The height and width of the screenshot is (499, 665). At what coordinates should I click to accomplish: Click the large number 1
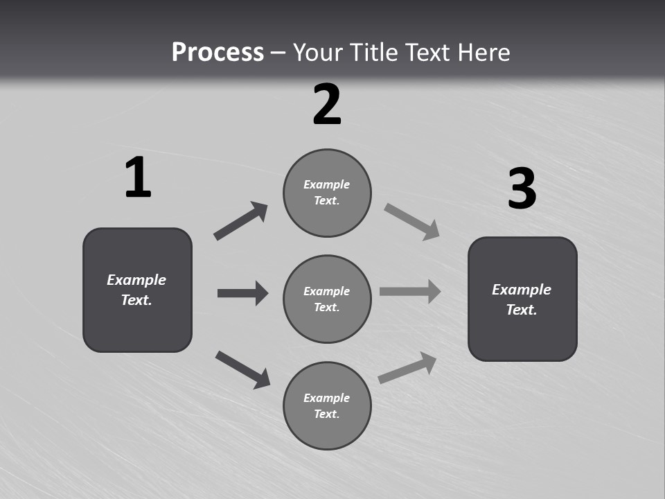tap(138, 178)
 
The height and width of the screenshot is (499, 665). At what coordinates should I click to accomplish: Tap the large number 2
tap(327, 105)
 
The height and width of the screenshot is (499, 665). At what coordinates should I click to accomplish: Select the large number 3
tap(522, 189)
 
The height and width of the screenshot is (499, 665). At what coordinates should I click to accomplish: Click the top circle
tap(327, 193)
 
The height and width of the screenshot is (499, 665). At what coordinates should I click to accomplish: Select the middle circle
tap(327, 299)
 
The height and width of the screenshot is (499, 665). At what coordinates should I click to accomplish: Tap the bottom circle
tap(327, 406)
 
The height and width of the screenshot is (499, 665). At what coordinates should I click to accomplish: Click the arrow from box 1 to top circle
tap(240, 221)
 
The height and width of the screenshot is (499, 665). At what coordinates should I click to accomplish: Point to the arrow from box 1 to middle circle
tap(242, 293)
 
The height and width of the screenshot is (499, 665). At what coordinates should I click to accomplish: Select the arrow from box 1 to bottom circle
tap(242, 369)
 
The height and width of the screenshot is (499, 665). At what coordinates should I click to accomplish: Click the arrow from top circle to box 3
tap(412, 222)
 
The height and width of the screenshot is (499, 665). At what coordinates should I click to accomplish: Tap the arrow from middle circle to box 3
tap(410, 291)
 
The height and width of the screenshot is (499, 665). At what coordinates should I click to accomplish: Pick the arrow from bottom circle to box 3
tap(408, 367)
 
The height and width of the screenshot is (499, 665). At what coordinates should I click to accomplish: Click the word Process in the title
tap(218, 52)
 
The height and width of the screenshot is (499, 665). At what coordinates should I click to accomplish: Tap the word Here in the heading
tap(484, 52)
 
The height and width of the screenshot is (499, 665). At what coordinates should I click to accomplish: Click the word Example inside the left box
tap(136, 280)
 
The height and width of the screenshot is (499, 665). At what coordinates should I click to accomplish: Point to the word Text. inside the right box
tap(522, 310)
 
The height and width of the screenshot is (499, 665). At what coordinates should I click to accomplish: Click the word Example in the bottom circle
tap(326, 398)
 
